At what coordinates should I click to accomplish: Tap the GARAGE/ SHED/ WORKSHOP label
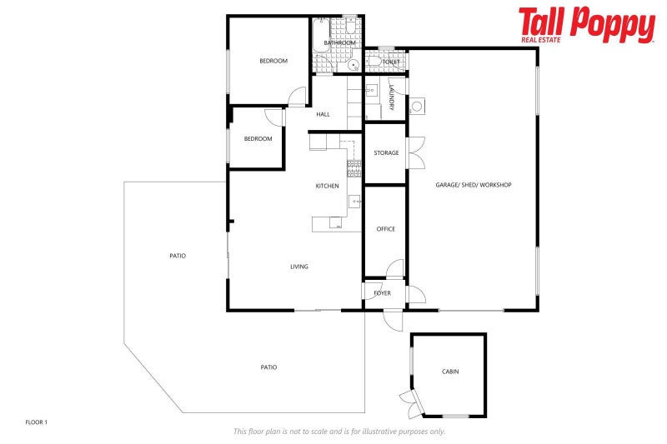[x=473, y=185]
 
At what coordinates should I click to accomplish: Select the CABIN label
[x=450, y=372]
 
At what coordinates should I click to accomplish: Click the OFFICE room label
[x=385, y=229]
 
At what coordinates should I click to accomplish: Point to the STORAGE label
[x=385, y=153]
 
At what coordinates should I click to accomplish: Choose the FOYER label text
[x=383, y=293]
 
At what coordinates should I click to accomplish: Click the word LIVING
[x=298, y=267]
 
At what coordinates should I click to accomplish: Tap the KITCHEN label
[x=327, y=186]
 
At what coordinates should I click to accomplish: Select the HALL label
[x=323, y=114]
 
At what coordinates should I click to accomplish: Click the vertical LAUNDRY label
[x=391, y=102]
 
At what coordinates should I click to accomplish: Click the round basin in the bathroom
[x=354, y=63]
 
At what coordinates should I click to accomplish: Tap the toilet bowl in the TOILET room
[x=374, y=61]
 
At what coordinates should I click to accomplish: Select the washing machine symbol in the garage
[x=417, y=106]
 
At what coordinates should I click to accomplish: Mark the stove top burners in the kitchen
[x=354, y=168]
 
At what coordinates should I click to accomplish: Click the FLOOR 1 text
[x=37, y=422]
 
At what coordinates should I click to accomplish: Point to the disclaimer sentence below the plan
[x=339, y=431]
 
